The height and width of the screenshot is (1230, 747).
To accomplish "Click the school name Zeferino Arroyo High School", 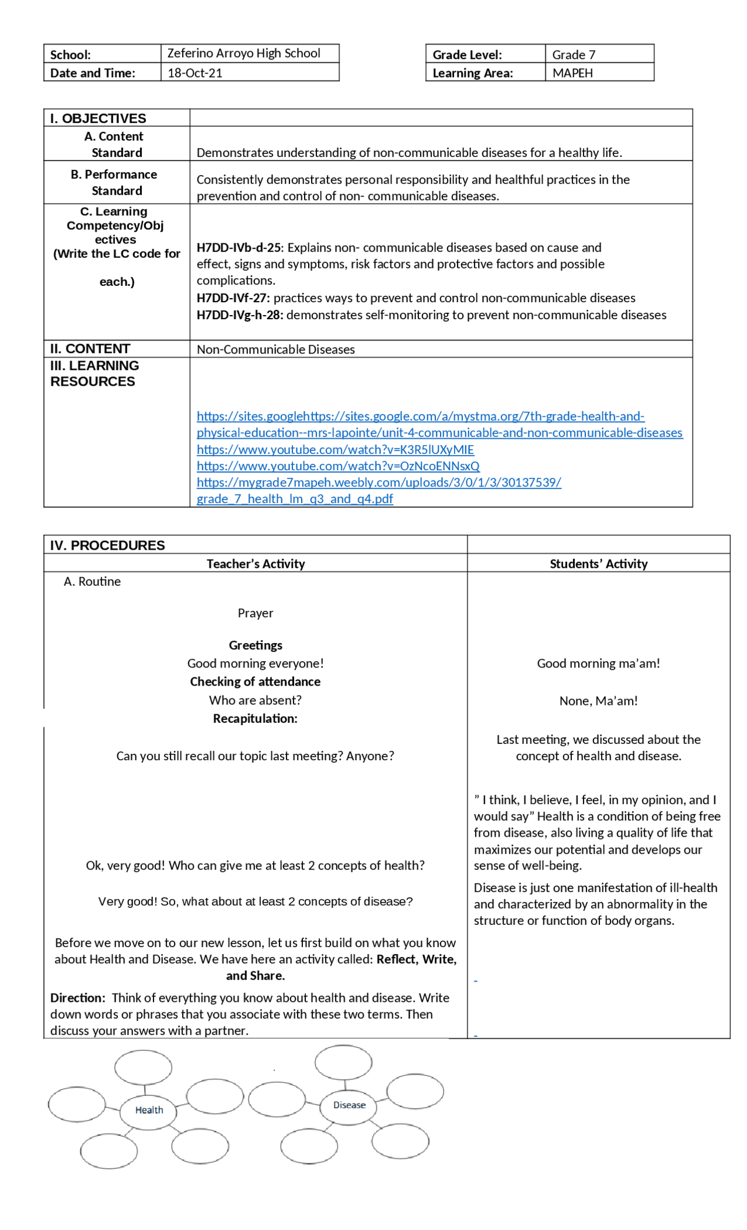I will tap(243, 53).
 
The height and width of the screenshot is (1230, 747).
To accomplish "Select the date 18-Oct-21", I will tap(194, 73).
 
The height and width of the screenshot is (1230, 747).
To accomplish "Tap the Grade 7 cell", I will tap(573, 55).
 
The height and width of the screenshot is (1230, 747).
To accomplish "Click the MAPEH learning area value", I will tap(572, 73).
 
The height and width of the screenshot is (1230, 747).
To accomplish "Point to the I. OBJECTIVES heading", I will tap(98, 118).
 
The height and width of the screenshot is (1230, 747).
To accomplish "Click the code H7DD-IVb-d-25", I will tap(239, 247).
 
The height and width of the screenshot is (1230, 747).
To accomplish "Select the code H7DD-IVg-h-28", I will tap(240, 315).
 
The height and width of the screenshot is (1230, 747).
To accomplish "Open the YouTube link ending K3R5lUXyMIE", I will tap(335, 450).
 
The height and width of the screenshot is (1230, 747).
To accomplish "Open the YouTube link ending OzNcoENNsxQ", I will tap(338, 466).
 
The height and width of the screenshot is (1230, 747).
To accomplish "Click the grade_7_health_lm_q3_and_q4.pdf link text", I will tap(295, 499).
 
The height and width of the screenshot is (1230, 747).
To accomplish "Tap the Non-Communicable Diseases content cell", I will tap(275, 350).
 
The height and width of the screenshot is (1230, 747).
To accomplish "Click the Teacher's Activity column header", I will tap(256, 564).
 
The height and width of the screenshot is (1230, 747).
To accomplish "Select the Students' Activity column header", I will tap(598, 564).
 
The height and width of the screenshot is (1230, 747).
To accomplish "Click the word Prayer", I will tap(255, 613).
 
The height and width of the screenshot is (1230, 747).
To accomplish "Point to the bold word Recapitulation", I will tap(254, 719).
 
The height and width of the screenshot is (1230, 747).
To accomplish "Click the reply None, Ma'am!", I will tap(598, 701).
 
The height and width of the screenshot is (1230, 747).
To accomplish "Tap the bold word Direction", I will tap(77, 998).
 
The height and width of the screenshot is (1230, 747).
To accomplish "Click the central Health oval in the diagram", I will tap(149, 1110).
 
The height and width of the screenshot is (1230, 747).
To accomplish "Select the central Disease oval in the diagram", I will tap(349, 1105).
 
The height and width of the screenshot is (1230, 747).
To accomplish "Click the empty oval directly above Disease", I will tap(343, 1062).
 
